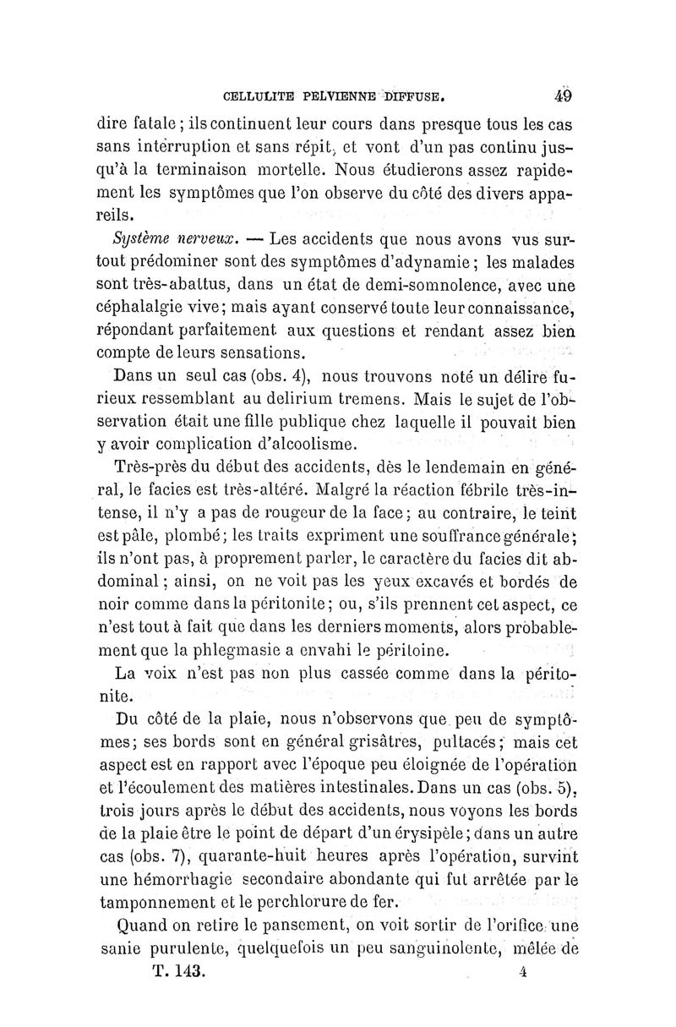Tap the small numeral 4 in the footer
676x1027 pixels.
(x=525, y=973)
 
